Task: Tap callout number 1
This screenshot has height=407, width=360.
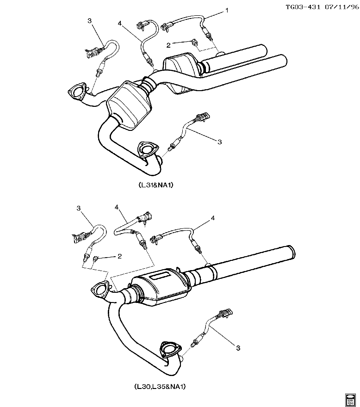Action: tap(227, 10)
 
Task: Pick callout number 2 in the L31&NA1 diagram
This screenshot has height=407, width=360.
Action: tap(169, 44)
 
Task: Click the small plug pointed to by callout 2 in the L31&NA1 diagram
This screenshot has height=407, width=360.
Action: tap(192, 42)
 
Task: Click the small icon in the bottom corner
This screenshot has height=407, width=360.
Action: tap(351, 398)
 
